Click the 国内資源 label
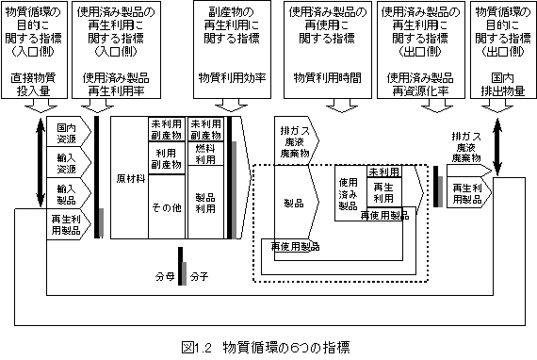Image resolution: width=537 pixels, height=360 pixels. (65, 132)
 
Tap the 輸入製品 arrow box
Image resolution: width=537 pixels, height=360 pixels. (66, 194)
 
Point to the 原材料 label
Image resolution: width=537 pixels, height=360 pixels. (128, 177)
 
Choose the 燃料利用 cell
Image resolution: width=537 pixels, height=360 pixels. (205, 154)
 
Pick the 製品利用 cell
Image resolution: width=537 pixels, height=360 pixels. (205, 203)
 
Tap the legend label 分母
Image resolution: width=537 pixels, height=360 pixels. (164, 277)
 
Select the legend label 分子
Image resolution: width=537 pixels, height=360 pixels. (199, 277)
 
